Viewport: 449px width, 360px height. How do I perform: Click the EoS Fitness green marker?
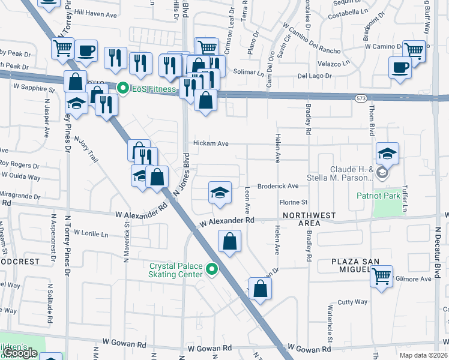[x=124, y=89]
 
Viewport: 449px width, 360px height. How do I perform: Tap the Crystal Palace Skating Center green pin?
[x=211, y=269]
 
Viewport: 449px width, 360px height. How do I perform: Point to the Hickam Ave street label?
[x=211, y=144]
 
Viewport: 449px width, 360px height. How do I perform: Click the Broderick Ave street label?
[x=278, y=187]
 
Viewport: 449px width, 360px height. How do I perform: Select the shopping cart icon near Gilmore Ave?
[x=381, y=277]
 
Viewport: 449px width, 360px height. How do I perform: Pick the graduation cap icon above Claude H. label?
[x=388, y=154]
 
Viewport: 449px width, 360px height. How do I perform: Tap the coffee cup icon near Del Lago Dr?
[x=400, y=67]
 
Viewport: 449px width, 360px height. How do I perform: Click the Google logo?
[x=19, y=353]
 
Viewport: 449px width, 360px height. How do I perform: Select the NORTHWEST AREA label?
[x=309, y=219]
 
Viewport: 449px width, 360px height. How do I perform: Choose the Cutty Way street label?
[x=352, y=302]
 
